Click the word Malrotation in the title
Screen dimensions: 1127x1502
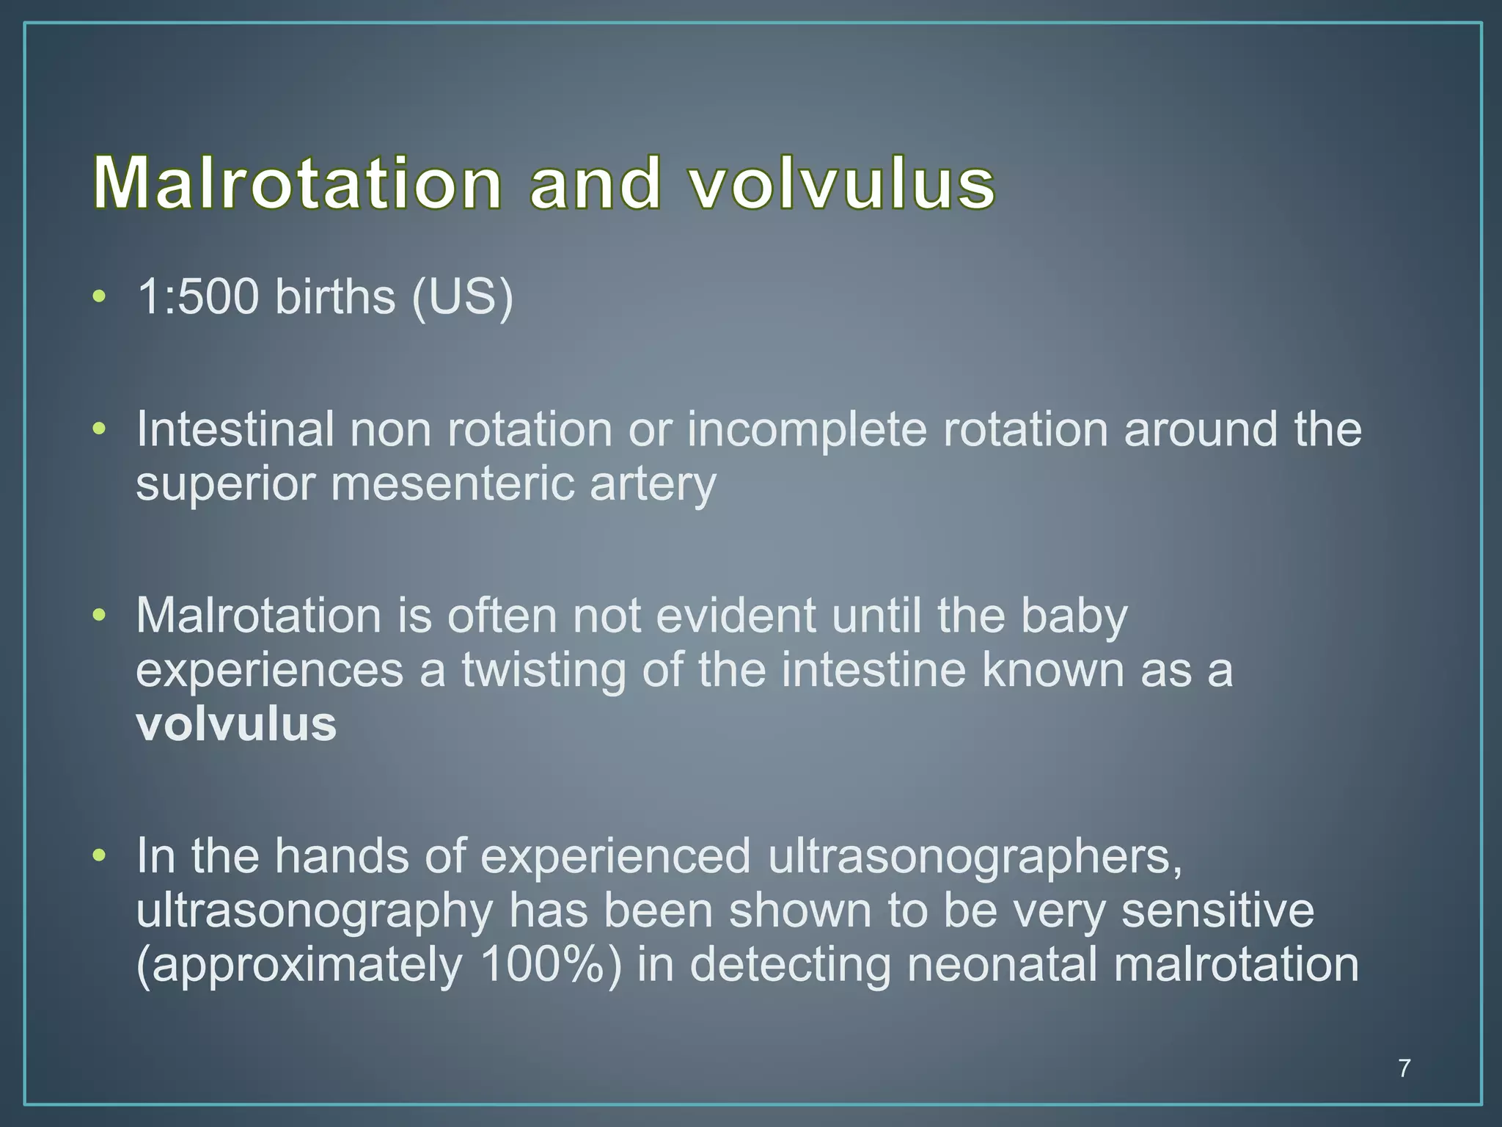pos(298,183)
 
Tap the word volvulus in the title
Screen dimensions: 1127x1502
pos(842,183)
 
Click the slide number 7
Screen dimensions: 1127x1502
pos(1404,1068)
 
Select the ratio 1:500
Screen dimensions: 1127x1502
pos(198,297)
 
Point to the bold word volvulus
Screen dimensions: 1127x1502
pos(236,725)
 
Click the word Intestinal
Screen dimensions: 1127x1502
pos(235,429)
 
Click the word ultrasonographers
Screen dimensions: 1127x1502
pos(975,857)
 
